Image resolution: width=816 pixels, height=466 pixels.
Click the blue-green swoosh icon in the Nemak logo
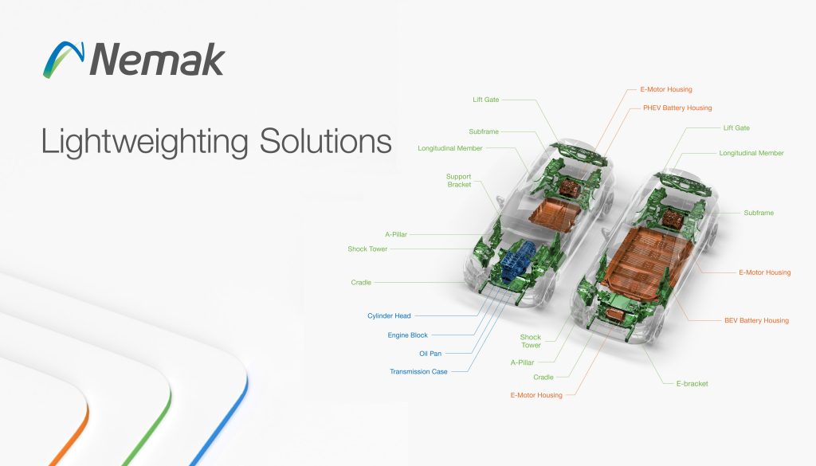[x=64, y=59]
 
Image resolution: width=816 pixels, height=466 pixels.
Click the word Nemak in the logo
[x=157, y=59]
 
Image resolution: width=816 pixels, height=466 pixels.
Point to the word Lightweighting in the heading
[x=145, y=142]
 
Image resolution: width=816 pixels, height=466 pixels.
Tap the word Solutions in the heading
[x=325, y=140]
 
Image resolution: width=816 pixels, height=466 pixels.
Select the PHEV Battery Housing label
[x=677, y=108]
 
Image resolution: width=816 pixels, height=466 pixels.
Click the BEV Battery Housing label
[x=756, y=320]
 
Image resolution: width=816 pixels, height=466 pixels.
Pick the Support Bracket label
[x=458, y=181]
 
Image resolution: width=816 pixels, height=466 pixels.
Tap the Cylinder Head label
[x=389, y=315]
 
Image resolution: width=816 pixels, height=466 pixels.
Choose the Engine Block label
[x=407, y=335]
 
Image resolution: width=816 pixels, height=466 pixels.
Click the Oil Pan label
[x=430, y=353]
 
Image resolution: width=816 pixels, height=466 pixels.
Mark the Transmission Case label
[x=418, y=371]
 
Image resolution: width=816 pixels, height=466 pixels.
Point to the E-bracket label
[x=692, y=383]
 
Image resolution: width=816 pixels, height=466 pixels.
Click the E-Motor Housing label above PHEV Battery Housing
[x=666, y=89]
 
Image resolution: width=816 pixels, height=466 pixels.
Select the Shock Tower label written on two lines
[x=530, y=341]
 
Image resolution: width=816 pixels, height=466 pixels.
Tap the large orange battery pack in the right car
[x=647, y=260]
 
